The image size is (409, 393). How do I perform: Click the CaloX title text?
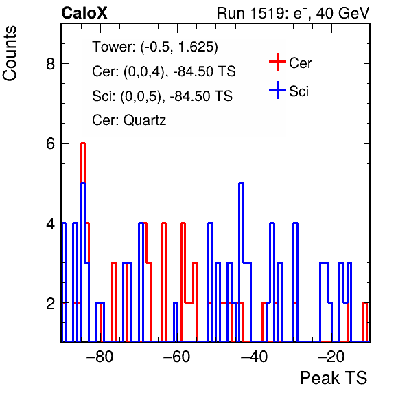84,13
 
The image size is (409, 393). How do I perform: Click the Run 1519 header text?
293,13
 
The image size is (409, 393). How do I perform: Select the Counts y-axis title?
10,54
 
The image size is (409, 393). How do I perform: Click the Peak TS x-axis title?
334,378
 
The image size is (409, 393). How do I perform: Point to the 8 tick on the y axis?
50,63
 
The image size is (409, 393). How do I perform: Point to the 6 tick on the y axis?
50,144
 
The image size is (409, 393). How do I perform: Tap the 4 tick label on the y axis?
50,223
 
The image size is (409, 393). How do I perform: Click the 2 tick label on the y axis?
50,303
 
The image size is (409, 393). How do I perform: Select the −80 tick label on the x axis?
100,356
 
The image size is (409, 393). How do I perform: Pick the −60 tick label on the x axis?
177,356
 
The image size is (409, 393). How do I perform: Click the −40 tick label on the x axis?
254,356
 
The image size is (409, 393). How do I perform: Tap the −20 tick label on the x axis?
331,356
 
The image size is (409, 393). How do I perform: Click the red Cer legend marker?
277,62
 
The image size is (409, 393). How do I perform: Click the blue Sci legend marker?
277,90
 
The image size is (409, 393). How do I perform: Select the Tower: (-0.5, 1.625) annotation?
155,47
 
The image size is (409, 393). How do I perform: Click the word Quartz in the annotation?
145,120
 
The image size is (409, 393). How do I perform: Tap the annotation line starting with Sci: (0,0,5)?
162,96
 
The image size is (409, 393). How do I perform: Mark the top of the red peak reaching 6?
83,144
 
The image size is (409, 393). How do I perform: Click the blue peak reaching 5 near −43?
242,183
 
